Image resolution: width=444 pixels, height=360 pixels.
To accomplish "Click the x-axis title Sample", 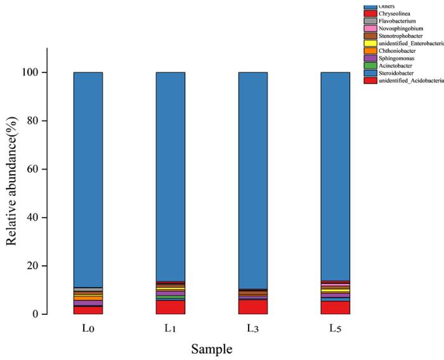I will (x=212, y=349).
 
